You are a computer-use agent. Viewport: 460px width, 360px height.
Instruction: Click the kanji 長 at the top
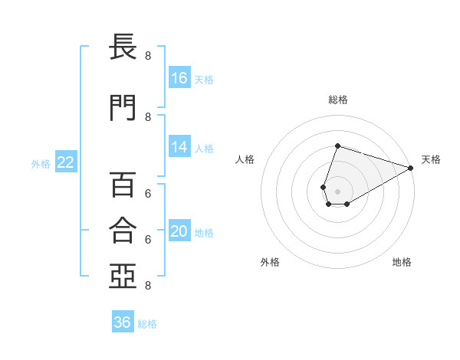click(x=123, y=46)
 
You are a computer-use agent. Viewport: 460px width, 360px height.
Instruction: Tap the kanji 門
click(x=123, y=107)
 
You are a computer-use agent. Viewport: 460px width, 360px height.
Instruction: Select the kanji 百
click(x=123, y=185)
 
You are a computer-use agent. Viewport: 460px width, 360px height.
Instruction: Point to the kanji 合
click(x=123, y=230)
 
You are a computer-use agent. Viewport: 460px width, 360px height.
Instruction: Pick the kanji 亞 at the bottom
click(x=123, y=276)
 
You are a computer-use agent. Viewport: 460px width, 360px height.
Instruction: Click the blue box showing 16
click(x=179, y=77)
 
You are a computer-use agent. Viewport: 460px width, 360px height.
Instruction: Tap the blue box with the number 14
click(x=179, y=146)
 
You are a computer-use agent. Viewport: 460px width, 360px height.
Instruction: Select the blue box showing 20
click(x=179, y=230)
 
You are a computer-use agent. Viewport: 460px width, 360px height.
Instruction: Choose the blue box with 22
click(x=66, y=162)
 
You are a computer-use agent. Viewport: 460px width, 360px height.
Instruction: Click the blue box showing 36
click(x=123, y=321)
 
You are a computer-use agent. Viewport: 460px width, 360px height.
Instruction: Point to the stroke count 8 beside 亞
click(x=148, y=285)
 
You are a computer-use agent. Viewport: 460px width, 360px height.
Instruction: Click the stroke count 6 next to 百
click(x=148, y=194)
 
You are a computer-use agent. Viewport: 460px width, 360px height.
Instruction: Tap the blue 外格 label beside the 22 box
click(x=41, y=164)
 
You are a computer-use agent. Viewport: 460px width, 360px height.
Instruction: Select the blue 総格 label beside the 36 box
click(x=147, y=324)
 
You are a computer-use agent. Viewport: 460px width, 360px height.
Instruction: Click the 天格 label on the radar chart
click(x=431, y=159)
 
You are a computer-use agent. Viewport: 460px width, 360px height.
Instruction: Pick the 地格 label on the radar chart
click(x=402, y=262)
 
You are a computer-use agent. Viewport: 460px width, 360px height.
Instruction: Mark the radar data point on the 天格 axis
click(x=411, y=168)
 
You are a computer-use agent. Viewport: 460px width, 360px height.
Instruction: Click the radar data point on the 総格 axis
click(x=337, y=146)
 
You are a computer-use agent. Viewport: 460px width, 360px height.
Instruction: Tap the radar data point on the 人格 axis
click(x=323, y=188)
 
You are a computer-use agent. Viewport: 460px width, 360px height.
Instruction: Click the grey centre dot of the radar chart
click(x=337, y=191)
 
